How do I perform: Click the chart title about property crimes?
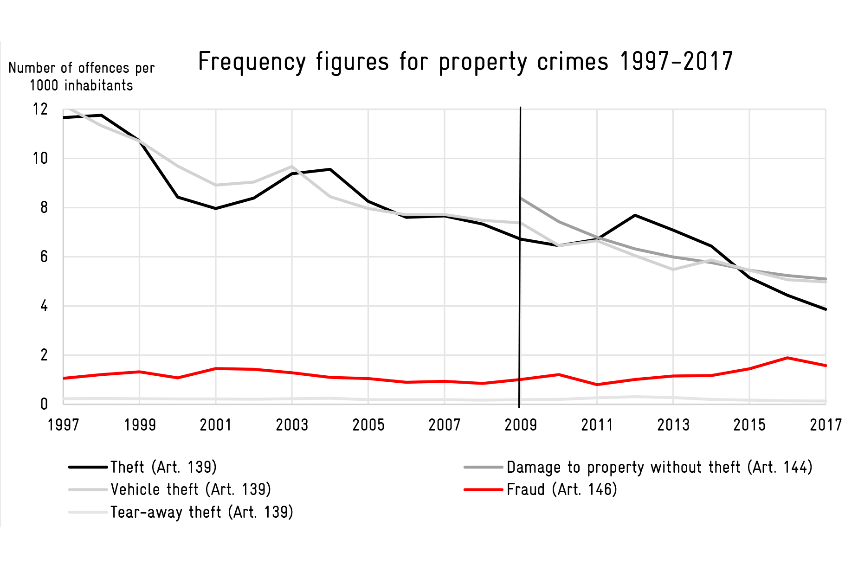pyautogui.click(x=465, y=62)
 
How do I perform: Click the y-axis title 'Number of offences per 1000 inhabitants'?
pyautogui.click(x=81, y=77)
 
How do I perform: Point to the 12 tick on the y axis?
pyautogui.click(x=40, y=109)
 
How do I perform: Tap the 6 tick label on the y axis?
pyautogui.click(x=44, y=257)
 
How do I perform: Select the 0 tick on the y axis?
pyautogui.click(x=44, y=404)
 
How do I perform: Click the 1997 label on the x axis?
pyautogui.click(x=64, y=425)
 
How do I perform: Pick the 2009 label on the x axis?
pyautogui.click(x=521, y=425)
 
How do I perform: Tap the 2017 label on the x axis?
pyautogui.click(x=826, y=425)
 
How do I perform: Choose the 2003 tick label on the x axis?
pyautogui.click(x=292, y=425)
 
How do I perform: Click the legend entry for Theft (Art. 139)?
pyautogui.click(x=143, y=467)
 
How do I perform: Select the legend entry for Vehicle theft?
pyautogui.click(x=170, y=489)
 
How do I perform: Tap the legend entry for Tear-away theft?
pyautogui.click(x=181, y=512)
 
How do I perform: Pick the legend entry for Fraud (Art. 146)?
pyautogui.click(x=541, y=489)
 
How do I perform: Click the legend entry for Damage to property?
pyautogui.click(x=639, y=467)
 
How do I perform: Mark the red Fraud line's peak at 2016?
pyautogui.click(x=787, y=358)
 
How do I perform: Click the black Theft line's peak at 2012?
pyautogui.click(x=635, y=215)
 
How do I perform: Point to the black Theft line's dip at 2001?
pyautogui.click(x=216, y=208)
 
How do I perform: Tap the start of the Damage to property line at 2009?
pyautogui.click(x=521, y=198)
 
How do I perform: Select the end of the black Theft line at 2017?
pyautogui.click(x=826, y=309)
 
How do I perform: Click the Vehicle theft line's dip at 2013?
pyautogui.click(x=673, y=270)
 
